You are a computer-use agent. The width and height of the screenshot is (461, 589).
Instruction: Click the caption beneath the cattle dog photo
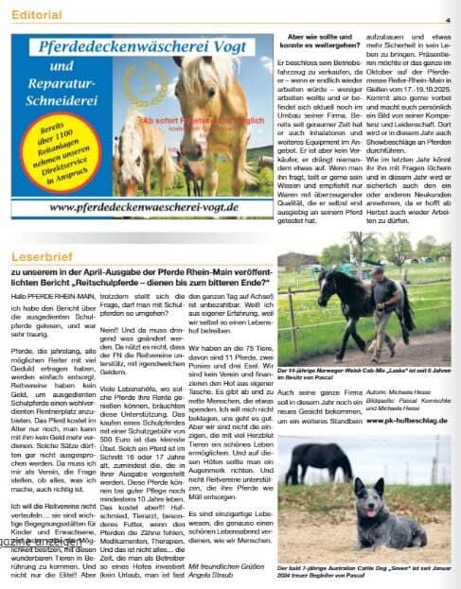coord(365,568)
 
